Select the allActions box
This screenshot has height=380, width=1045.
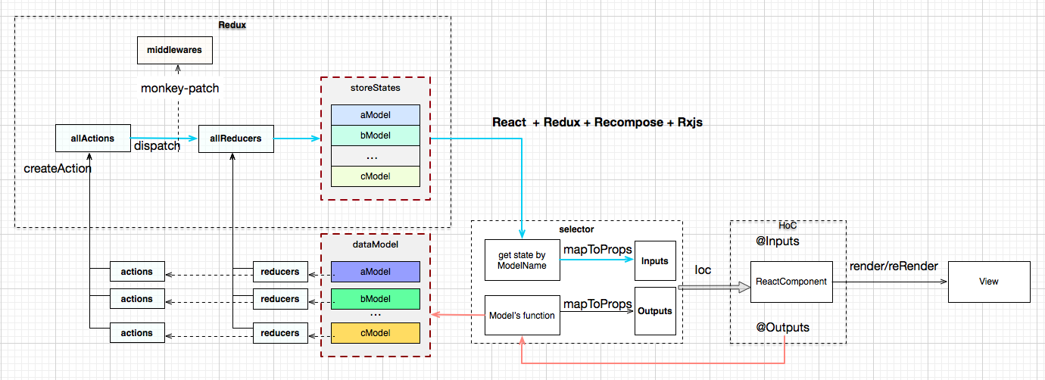(x=93, y=139)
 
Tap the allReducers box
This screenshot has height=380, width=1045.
(x=236, y=139)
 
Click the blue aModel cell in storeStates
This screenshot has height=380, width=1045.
(x=375, y=113)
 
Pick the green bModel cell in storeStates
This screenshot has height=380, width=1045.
(x=375, y=135)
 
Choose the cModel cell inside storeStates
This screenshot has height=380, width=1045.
(x=375, y=176)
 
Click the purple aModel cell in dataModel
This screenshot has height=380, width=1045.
(x=375, y=272)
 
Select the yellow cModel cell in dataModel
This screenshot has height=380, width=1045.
(x=375, y=333)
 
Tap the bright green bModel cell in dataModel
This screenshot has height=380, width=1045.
(x=375, y=299)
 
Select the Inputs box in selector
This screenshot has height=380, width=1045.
(x=654, y=261)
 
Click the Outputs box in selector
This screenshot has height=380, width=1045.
(x=654, y=311)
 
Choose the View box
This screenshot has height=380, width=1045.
(x=988, y=282)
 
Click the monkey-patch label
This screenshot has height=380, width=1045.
(x=180, y=89)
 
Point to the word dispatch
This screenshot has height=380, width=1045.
(x=156, y=145)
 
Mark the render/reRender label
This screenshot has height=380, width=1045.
(x=894, y=266)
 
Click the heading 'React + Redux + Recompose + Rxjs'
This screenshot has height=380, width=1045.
(x=597, y=122)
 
